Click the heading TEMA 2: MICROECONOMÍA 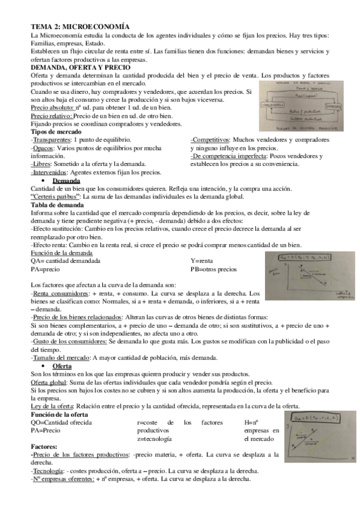click(80, 27)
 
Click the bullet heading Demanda click(66, 180)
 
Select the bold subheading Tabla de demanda click(57, 204)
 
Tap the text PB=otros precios click(213, 269)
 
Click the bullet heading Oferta click(63, 366)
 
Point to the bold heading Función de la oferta click(59, 414)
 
